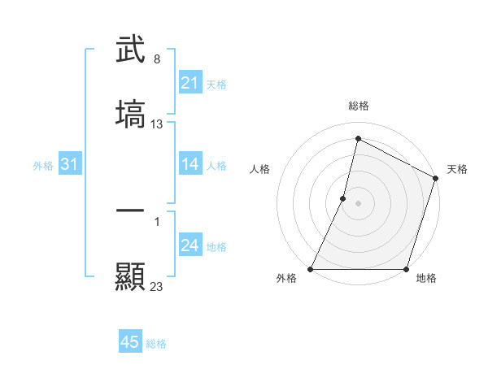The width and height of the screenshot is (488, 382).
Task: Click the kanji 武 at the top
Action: [131, 50]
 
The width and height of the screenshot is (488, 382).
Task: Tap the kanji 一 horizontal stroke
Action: [131, 211]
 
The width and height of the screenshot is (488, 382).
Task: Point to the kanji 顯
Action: [131, 276]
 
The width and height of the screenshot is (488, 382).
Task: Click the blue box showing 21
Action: [190, 83]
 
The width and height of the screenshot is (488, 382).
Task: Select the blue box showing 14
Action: [190, 165]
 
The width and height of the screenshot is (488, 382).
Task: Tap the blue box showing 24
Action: [190, 246]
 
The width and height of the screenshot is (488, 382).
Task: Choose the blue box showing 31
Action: [70, 165]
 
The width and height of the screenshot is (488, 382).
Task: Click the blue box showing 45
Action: [130, 343]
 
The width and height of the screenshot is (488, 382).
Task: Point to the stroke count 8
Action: [157, 59]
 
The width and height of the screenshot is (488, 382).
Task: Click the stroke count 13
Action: [157, 124]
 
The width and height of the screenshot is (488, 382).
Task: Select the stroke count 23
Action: [157, 285]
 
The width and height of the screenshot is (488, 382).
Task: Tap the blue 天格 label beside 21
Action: [216, 84]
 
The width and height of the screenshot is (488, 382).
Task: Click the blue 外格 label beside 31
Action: [43, 166]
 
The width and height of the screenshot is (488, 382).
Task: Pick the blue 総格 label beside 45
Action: [156, 344]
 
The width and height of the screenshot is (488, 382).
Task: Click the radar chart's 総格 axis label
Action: [359, 106]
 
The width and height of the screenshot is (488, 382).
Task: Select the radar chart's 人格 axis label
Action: [259, 169]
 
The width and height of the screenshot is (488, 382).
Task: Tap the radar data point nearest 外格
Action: [311, 269]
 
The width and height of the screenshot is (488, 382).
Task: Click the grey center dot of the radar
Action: [359, 203]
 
